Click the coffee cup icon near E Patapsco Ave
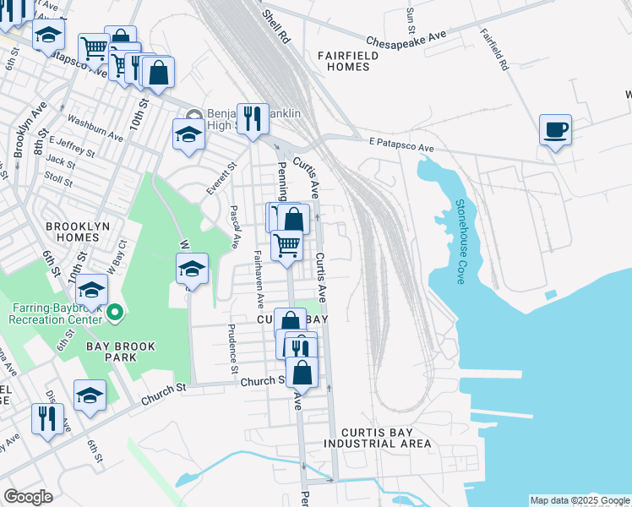point(555,131)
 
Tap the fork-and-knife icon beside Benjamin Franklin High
point(252,120)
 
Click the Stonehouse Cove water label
point(461,242)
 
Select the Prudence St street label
point(233,349)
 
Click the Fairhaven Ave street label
point(258,279)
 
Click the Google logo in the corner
point(28,497)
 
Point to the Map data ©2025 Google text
point(580,500)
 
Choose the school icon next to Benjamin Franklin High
point(189,134)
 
